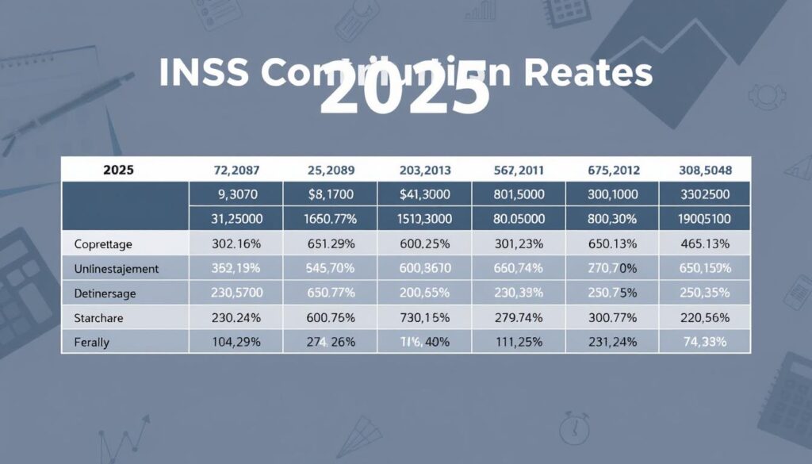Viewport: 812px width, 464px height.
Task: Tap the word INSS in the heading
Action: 204,73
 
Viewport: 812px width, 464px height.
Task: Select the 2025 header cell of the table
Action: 117,169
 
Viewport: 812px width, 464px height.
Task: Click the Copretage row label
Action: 104,243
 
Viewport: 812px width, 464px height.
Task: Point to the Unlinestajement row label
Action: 116,268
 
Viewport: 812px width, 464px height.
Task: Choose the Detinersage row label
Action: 104,293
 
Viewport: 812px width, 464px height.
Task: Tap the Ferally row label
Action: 91,342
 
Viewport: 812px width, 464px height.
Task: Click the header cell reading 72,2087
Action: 236,169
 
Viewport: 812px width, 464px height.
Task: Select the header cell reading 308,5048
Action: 706,169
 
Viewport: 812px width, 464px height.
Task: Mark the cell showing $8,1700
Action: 331,194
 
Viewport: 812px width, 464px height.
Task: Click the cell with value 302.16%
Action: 236,243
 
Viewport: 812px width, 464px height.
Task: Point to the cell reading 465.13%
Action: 706,243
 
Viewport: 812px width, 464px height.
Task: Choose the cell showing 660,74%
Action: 519,268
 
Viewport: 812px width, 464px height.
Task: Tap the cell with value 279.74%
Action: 519,317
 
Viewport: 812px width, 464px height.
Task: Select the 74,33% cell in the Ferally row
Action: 706,342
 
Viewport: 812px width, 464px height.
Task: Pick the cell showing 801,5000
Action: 519,194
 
